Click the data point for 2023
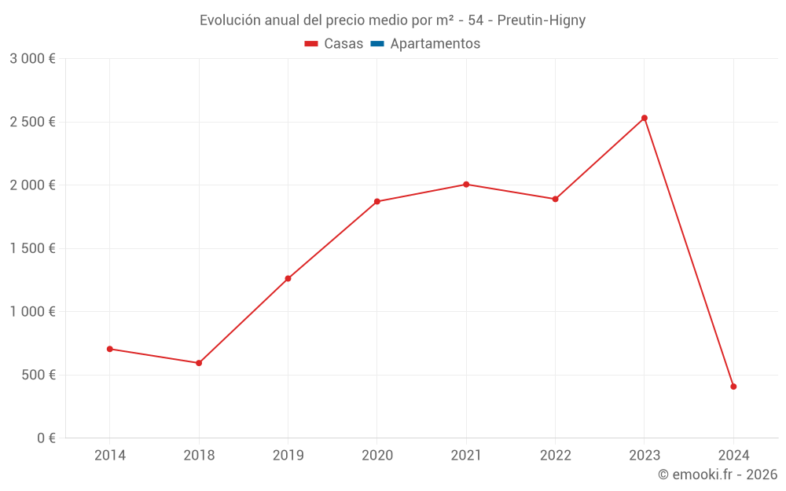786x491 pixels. click(x=645, y=118)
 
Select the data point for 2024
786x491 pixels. click(x=733, y=387)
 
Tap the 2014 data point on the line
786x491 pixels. click(x=109, y=349)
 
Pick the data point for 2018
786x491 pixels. click(x=199, y=363)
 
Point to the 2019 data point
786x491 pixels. click(x=288, y=278)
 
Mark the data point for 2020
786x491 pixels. click(x=377, y=201)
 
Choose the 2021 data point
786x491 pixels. click(x=466, y=185)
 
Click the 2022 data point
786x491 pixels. click(x=555, y=199)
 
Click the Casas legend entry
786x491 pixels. click(x=334, y=44)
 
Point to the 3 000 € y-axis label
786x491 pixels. click(x=32, y=59)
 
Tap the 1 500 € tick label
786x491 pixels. click(x=32, y=248)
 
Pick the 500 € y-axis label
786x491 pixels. click(x=38, y=375)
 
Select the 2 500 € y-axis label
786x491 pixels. click(x=32, y=122)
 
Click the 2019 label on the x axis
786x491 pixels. click(x=288, y=455)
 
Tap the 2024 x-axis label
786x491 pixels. click(x=733, y=455)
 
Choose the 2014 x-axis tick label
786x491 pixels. click(x=109, y=455)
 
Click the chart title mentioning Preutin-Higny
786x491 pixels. click(x=392, y=20)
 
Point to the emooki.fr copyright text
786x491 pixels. click(x=717, y=475)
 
